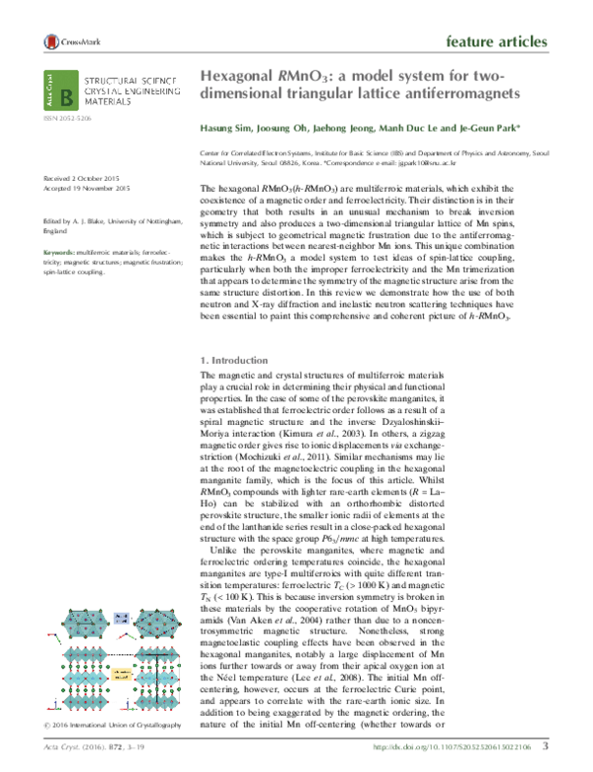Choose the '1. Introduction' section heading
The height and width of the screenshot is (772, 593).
(236, 361)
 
